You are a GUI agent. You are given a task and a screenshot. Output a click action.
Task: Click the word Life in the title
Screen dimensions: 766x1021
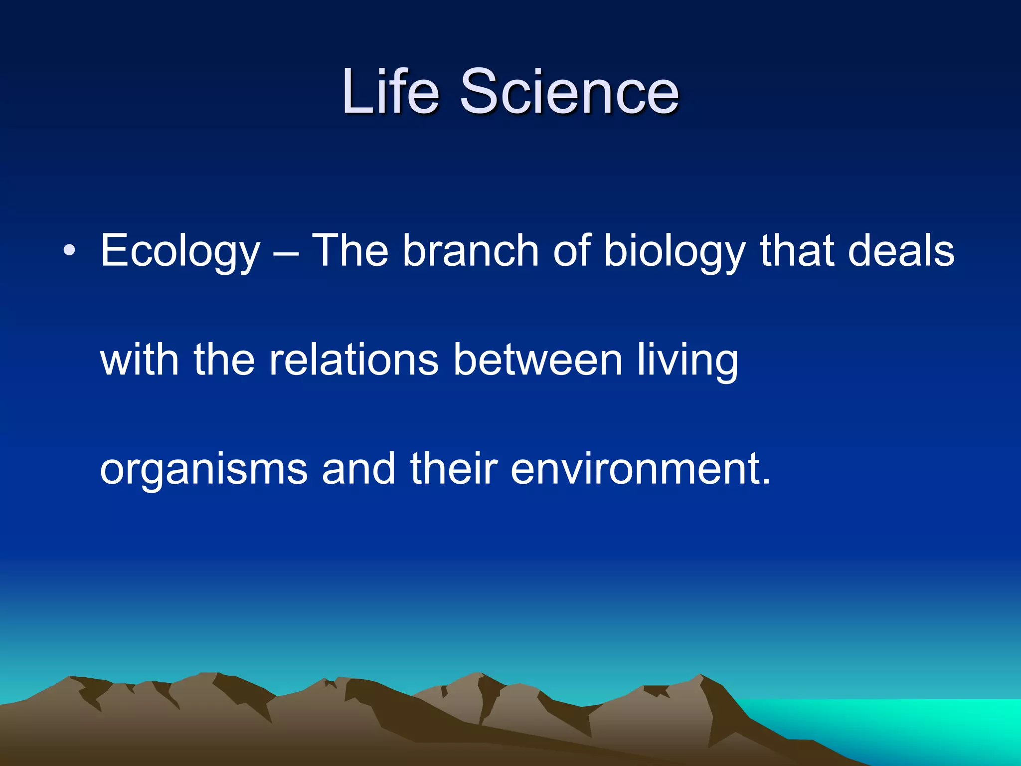(x=390, y=92)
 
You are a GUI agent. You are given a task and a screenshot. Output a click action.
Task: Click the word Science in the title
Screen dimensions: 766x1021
(x=569, y=92)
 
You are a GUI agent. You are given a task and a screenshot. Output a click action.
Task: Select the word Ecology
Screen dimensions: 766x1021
(x=180, y=252)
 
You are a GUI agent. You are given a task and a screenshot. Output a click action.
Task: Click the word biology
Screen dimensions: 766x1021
(x=675, y=252)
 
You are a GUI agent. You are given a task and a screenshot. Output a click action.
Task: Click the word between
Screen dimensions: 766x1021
(x=538, y=360)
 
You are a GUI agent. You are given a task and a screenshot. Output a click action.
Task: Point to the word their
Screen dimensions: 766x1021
(x=454, y=469)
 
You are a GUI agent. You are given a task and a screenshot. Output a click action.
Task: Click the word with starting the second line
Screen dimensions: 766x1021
(x=140, y=360)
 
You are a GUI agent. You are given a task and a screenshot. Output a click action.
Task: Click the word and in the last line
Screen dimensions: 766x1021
(x=358, y=469)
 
